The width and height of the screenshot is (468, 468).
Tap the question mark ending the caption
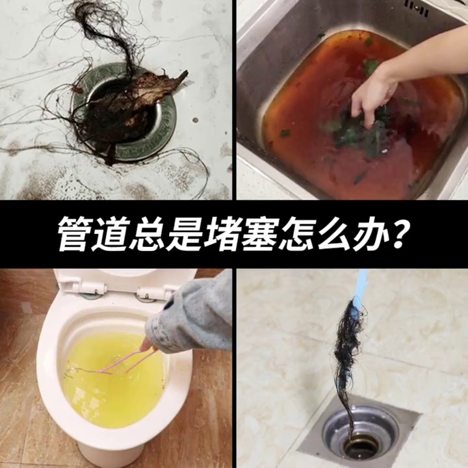[x=401, y=234]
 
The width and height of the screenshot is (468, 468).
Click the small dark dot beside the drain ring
[x=196, y=120]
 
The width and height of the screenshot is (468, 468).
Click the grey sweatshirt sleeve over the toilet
[x=191, y=317]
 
